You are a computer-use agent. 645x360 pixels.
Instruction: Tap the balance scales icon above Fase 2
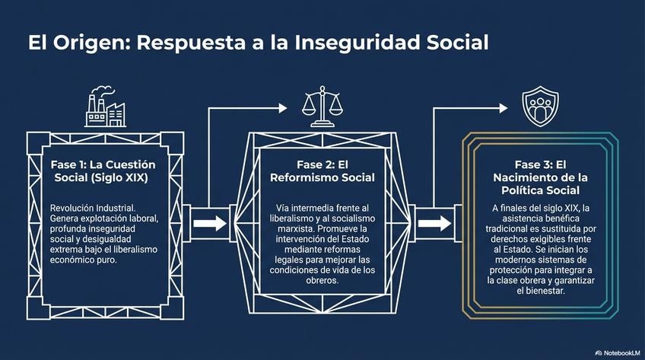click(322, 109)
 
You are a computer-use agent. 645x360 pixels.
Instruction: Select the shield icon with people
click(540, 107)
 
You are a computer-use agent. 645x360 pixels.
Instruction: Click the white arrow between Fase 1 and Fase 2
click(209, 224)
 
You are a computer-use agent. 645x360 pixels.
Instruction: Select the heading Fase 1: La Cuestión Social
click(103, 171)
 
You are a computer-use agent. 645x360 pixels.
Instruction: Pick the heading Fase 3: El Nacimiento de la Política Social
click(541, 177)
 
